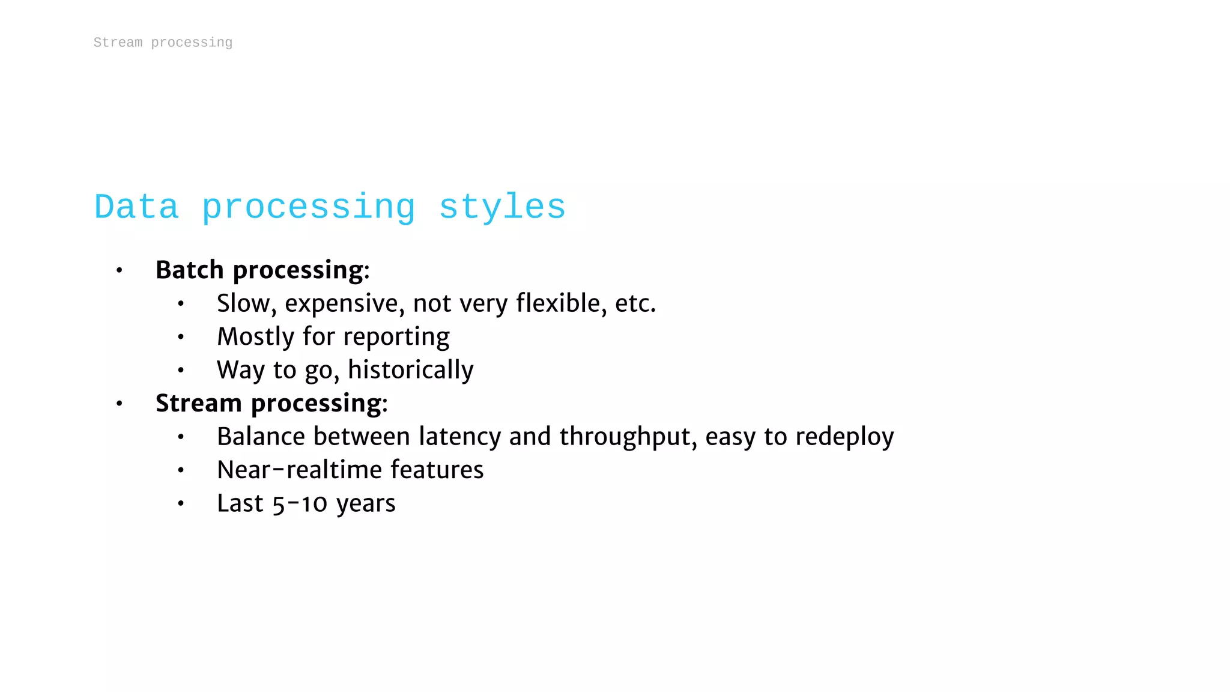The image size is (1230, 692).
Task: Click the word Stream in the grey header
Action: click(118, 43)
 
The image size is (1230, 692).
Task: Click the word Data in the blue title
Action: click(136, 207)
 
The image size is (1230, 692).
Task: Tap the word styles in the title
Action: click(502, 207)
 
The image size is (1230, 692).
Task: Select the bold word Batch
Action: click(189, 270)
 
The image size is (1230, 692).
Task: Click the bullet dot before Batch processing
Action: click(120, 271)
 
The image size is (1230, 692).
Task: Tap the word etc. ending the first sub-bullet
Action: click(635, 303)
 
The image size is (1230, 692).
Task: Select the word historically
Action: click(411, 370)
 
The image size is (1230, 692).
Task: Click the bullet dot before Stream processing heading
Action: click(120, 404)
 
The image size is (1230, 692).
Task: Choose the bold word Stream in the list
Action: click(198, 403)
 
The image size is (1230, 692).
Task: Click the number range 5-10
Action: click(300, 503)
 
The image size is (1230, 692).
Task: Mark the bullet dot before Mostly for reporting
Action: click(181, 337)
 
